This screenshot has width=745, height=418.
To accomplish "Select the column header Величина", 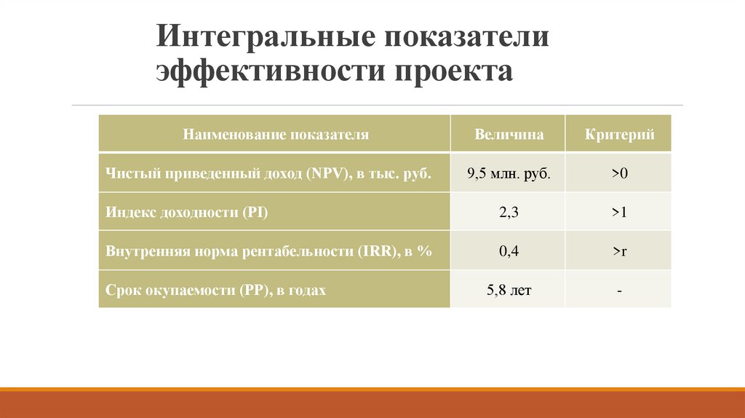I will click(x=509, y=135).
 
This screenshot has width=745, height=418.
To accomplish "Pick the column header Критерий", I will click(x=619, y=135).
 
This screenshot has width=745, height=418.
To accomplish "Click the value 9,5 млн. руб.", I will click(x=509, y=174).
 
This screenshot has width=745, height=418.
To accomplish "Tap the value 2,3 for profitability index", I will click(x=509, y=213).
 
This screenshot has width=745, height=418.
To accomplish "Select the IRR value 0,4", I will click(x=509, y=251).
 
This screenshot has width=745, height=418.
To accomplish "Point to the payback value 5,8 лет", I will click(x=509, y=291).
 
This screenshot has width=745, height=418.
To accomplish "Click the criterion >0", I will click(x=619, y=174).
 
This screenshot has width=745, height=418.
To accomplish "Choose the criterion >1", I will click(x=619, y=213).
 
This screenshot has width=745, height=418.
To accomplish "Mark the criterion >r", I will click(x=619, y=251).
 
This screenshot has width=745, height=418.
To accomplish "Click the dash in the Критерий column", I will click(x=619, y=291).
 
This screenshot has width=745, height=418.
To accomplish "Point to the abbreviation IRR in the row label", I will click(x=373, y=251).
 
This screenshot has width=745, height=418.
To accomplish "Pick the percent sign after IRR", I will click(x=426, y=251).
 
